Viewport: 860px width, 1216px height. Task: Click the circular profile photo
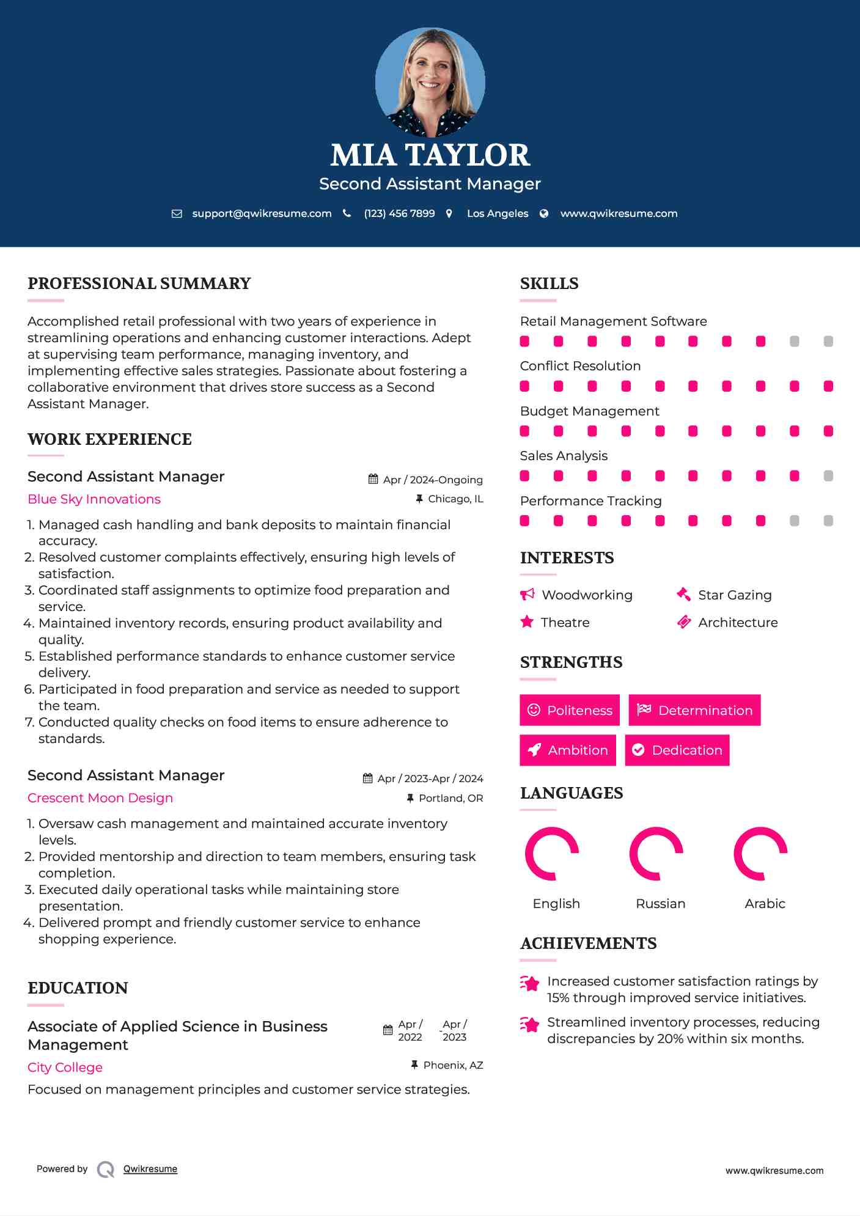click(x=430, y=82)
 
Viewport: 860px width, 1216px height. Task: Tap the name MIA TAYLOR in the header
click(x=430, y=155)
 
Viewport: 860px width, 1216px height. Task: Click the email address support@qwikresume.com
click(x=262, y=213)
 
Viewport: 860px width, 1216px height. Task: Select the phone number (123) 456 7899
click(x=399, y=213)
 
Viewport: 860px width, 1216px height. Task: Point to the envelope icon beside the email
click(x=177, y=214)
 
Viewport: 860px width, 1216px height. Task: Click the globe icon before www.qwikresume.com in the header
click(x=544, y=214)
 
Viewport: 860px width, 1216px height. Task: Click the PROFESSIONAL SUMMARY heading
click(x=139, y=284)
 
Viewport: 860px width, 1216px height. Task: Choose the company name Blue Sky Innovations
click(x=94, y=499)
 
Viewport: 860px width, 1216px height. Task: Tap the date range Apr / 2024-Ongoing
click(x=433, y=480)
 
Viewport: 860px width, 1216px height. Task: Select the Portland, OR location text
click(x=450, y=798)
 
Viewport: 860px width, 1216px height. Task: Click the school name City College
click(x=65, y=1068)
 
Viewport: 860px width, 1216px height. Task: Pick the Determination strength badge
click(x=694, y=710)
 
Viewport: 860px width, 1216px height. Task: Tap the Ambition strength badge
click(x=568, y=750)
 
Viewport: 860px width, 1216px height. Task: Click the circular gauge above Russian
click(x=656, y=854)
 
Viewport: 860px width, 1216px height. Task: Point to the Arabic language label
click(x=765, y=904)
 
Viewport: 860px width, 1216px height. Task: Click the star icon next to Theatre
click(x=527, y=622)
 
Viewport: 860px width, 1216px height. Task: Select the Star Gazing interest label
click(x=735, y=595)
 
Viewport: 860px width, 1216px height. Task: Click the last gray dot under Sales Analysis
click(x=828, y=476)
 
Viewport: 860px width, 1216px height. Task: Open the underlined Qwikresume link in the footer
click(x=150, y=1169)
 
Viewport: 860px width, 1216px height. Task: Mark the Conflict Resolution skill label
click(x=580, y=366)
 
